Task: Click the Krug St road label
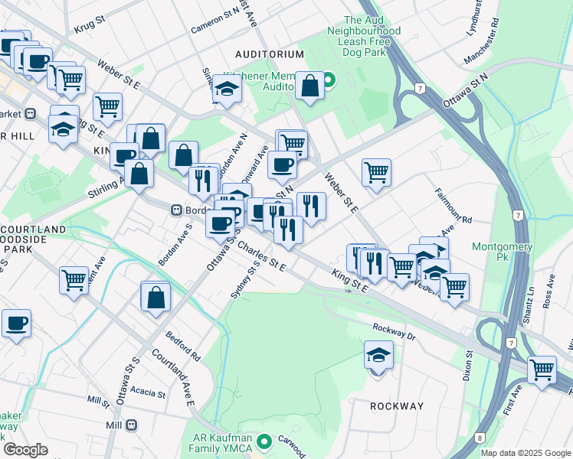point(90,28)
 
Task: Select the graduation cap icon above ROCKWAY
point(378,356)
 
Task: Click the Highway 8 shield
point(480,438)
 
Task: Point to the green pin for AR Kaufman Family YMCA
point(265,441)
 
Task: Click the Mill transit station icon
point(132,425)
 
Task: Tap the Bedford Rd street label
point(185,347)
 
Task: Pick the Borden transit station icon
point(176,210)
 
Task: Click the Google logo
point(25,450)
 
